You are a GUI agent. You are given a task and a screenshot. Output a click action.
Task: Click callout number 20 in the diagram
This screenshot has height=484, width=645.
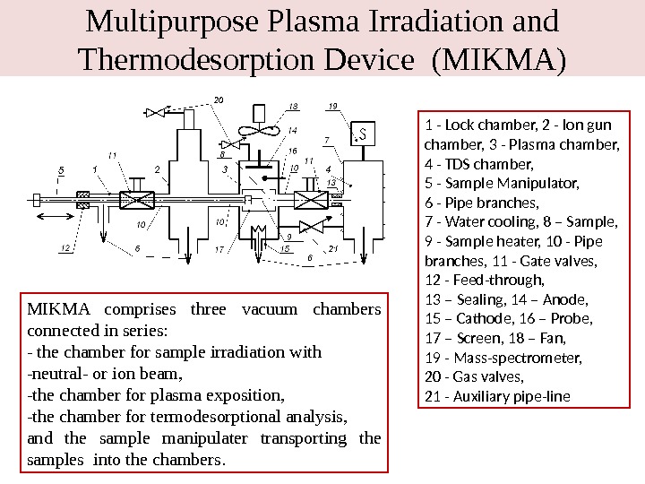(x=219, y=100)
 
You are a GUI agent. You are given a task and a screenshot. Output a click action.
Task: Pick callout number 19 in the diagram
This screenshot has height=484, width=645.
(x=333, y=106)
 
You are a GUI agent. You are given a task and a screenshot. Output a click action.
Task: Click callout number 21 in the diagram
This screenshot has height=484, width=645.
(x=333, y=248)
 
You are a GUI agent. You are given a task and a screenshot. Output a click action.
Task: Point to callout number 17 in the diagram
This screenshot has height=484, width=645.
(x=219, y=250)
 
